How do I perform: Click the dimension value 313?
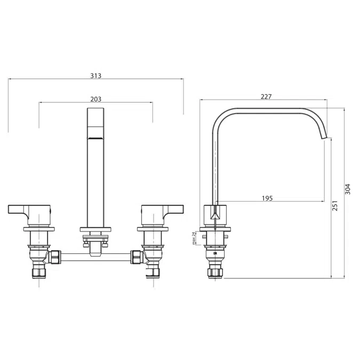(96, 76)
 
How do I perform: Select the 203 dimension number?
(96, 99)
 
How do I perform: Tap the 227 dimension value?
(266, 97)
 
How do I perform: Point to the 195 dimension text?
(267, 198)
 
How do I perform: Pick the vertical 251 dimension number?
(335, 206)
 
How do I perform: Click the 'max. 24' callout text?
(195, 238)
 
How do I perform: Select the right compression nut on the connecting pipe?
(137, 258)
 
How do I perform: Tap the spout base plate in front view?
(96, 230)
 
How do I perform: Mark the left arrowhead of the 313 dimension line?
(10, 79)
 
